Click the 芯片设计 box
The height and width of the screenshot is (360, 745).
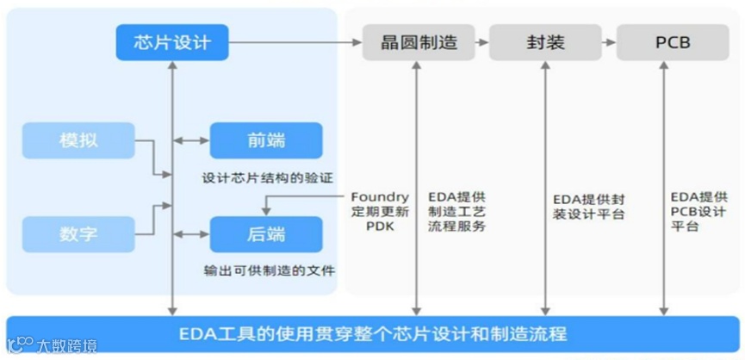(x=173, y=42)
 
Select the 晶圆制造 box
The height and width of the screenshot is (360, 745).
(x=418, y=42)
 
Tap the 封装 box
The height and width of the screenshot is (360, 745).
(x=545, y=42)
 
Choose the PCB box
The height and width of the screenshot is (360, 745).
(x=667, y=42)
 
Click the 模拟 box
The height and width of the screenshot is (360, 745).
(x=78, y=140)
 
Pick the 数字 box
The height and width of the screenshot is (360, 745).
(x=78, y=233)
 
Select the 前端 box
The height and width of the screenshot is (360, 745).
(x=265, y=140)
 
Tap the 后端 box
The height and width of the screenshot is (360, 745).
(x=265, y=233)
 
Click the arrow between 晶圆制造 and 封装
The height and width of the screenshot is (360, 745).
(x=481, y=42)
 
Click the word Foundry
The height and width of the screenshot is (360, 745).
(x=380, y=196)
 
